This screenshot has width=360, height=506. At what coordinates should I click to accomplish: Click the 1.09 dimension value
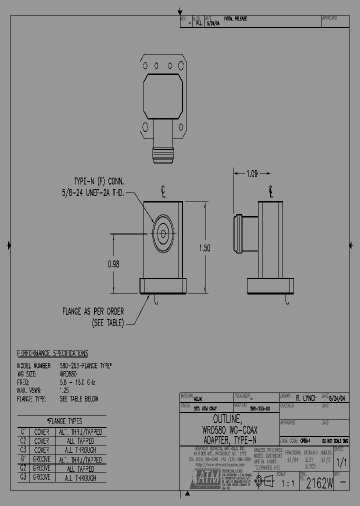(x=252, y=174)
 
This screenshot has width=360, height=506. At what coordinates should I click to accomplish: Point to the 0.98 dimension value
(x=113, y=265)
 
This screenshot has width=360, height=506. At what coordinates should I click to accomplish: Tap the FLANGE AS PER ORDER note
(x=93, y=311)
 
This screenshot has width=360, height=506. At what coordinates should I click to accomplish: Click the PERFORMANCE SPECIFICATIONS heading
(x=52, y=353)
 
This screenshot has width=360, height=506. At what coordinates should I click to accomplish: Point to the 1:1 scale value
(x=288, y=483)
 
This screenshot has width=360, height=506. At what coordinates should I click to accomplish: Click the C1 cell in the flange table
(x=23, y=431)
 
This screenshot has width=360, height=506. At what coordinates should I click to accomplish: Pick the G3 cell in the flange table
(x=23, y=477)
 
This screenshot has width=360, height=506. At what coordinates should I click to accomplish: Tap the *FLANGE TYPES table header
(x=64, y=421)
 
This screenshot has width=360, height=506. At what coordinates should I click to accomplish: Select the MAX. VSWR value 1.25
(x=64, y=390)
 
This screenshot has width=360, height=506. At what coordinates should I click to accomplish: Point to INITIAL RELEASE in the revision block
(x=235, y=19)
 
